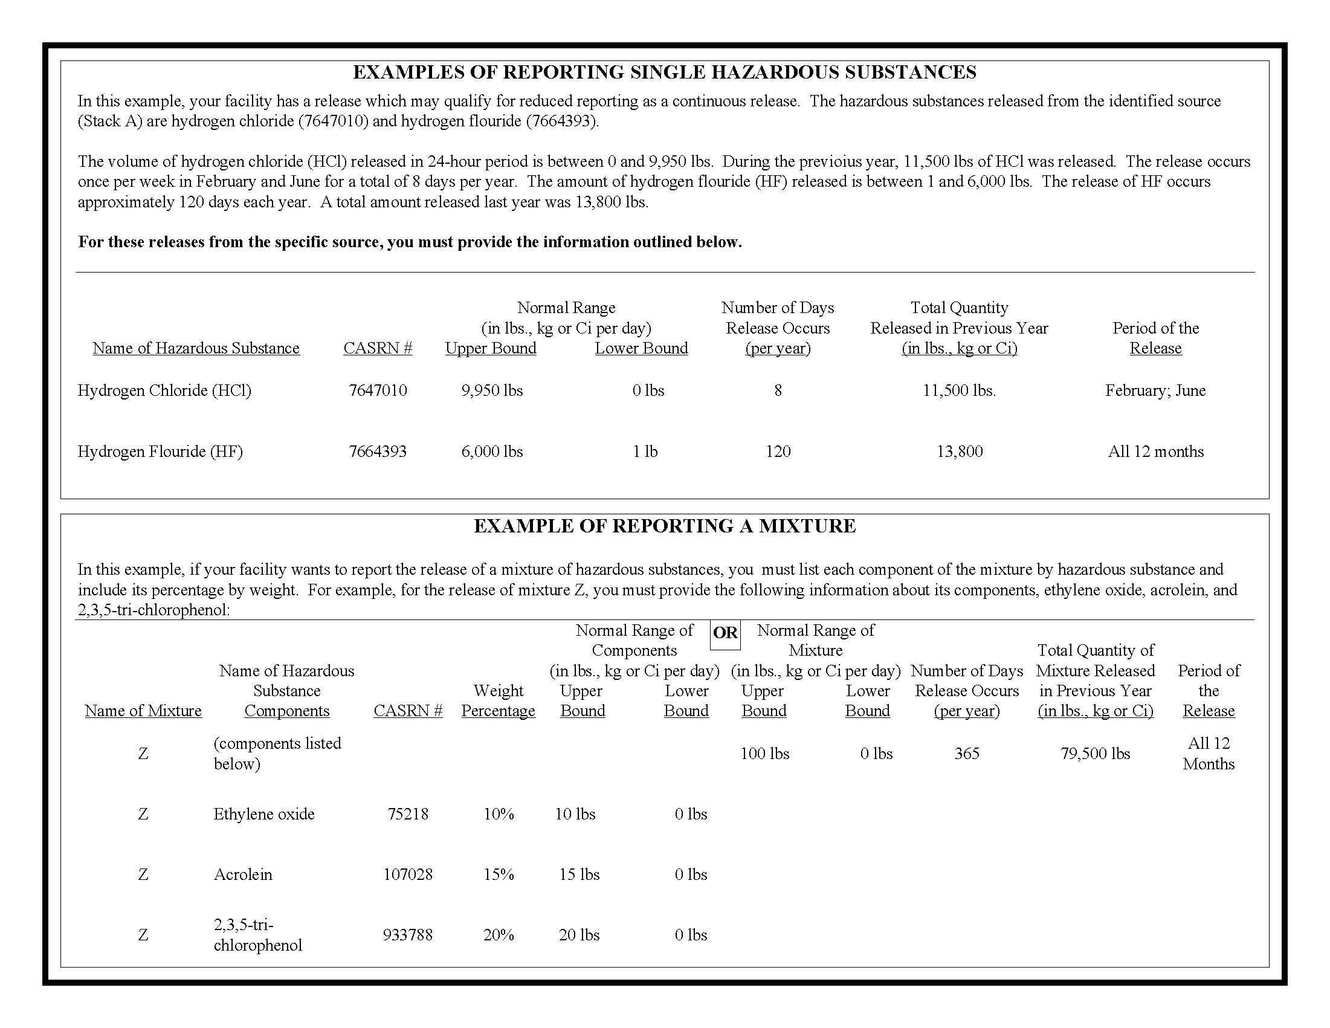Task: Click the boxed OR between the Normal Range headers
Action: pyautogui.click(x=725, y=633)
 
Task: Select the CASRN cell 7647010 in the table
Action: pyautogui.click(x=378, y=390)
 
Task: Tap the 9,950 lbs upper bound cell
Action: pyautogui.click(x=492, y=390)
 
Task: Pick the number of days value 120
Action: pyautogui.click(x=778, y=451)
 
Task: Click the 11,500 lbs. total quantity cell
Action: pyautogui.click(x=959, y=390)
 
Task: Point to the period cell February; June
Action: pyautogui.click(x=1155, y=390)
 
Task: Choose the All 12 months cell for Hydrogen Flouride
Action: pyautogui.click(x=1155, y=451)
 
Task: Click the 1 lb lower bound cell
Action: pyautogui.click(x=645, y=451)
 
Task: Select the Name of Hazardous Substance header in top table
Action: pyautogui.click(x=196, y=348)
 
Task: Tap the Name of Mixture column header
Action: pyautogui.click(x=143, y=711)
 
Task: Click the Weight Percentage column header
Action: pyautogui.click(x=498, y=700)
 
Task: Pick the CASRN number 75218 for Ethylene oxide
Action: pyautogui.click(x=408, y=814)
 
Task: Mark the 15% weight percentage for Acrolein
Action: pyautogui.click(x=499, y=874)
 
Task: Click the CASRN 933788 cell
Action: pyautogui.click(x=408, y=935)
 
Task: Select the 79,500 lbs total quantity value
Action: pyautogui.click(x=1095, y=754)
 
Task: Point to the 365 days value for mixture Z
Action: pyautogui.click(x=966, y=754)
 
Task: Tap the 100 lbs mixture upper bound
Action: pyautogui.click(x=764, y=754)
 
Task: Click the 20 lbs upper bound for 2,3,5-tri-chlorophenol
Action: pyautogui.click(x=579, y=935)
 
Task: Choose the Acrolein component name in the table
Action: pyautogui.click(x=243, y=874)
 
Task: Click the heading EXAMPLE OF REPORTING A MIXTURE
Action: pyautogui.click(x=664, y=526)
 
